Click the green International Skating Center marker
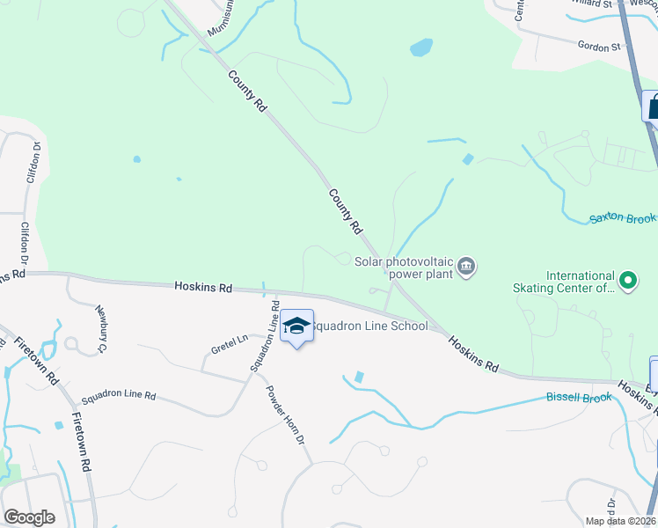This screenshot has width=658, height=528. point(627,282)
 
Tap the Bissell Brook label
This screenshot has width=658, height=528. point(579,398)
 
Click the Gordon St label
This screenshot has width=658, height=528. point(599,46)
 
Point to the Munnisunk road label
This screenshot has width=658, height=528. point(223,19)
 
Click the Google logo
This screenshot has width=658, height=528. point(30,517)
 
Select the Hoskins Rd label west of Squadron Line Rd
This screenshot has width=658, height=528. point(203,287)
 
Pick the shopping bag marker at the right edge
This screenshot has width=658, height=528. point(652,107)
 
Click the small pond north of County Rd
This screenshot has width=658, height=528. point(421,47)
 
